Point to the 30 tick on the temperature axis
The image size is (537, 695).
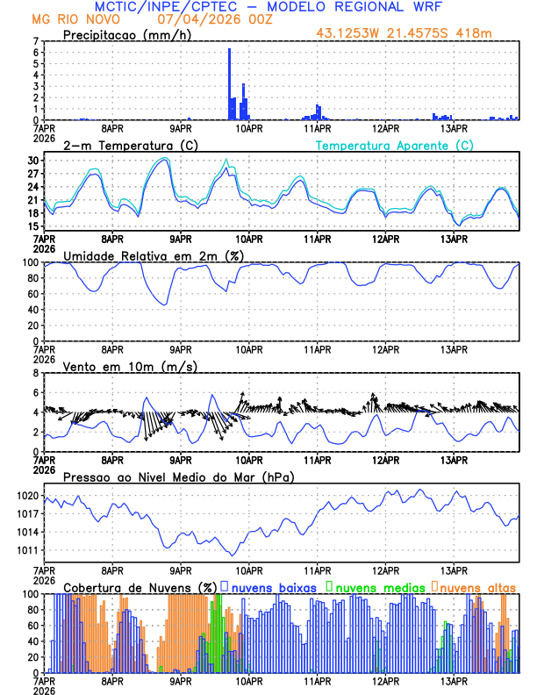[x=33, y=161]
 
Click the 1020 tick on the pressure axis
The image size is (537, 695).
[x=26, y=496]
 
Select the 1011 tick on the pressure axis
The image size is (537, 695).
[x=26, y=550]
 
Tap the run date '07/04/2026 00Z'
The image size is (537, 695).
[x=206, y=18]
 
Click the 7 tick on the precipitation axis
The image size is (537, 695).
[x=36, y=41]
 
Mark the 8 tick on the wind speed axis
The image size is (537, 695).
[x=36, y=373]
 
